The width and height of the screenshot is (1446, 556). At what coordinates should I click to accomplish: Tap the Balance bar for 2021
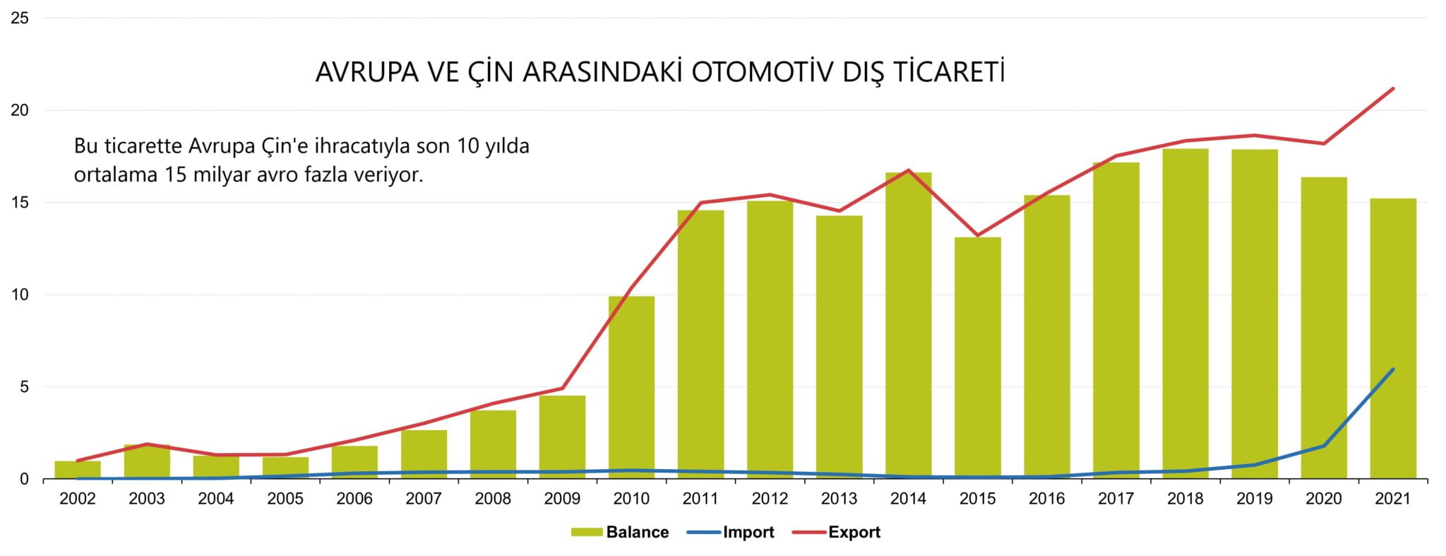1392,339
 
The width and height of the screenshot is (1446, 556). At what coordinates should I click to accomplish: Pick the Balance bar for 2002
78,470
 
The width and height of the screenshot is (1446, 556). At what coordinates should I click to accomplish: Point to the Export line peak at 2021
1392,89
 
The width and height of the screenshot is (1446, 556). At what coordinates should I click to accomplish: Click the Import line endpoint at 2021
1392,369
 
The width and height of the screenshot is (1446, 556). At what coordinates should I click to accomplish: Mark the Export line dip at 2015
977,235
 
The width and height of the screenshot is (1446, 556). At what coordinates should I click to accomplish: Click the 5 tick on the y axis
24,386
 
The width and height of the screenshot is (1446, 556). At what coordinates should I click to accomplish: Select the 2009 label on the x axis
562,499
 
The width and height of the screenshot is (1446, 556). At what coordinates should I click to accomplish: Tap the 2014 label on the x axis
908,499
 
